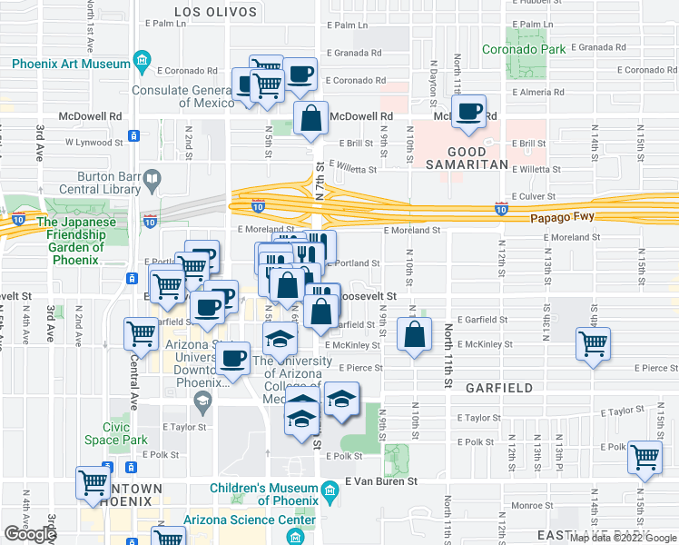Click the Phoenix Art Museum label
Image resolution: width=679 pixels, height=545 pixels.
[71, 64]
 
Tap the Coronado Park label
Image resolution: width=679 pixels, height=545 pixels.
[524, 49]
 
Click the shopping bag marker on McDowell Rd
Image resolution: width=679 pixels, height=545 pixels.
[311, 118]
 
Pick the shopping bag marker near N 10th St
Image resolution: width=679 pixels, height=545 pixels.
[414, 335]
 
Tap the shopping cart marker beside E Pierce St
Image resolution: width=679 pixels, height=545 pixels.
[593, 344]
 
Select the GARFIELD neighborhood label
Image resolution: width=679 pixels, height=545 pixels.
[498, 388]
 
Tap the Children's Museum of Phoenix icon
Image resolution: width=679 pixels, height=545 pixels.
[330, 494]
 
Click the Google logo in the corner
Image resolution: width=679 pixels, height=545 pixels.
[30, 534]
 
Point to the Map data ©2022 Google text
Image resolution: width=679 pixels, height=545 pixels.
[623, 538]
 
